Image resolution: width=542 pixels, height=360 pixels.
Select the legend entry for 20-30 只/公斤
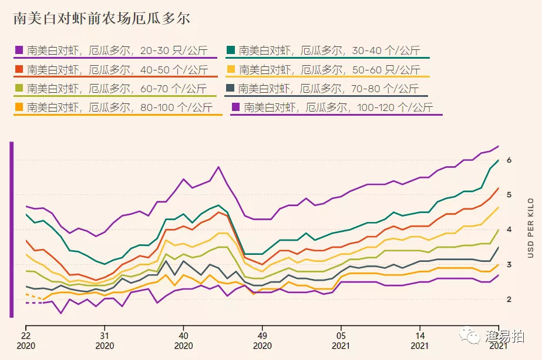tap(115, 51)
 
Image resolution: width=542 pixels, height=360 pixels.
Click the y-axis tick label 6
tap(509, 160)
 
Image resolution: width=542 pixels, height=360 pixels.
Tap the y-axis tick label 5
tap(509, 195)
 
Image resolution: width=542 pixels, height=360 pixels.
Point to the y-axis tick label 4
tap(509, 230)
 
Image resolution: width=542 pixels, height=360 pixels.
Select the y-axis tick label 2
tap(509, 299)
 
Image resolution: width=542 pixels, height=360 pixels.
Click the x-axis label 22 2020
tap(26, 341)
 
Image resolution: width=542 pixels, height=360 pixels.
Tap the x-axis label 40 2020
tap(183, 341)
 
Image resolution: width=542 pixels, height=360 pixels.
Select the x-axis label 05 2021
tap(341, 341)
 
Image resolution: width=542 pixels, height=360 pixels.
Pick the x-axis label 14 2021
tap(419, 341)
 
